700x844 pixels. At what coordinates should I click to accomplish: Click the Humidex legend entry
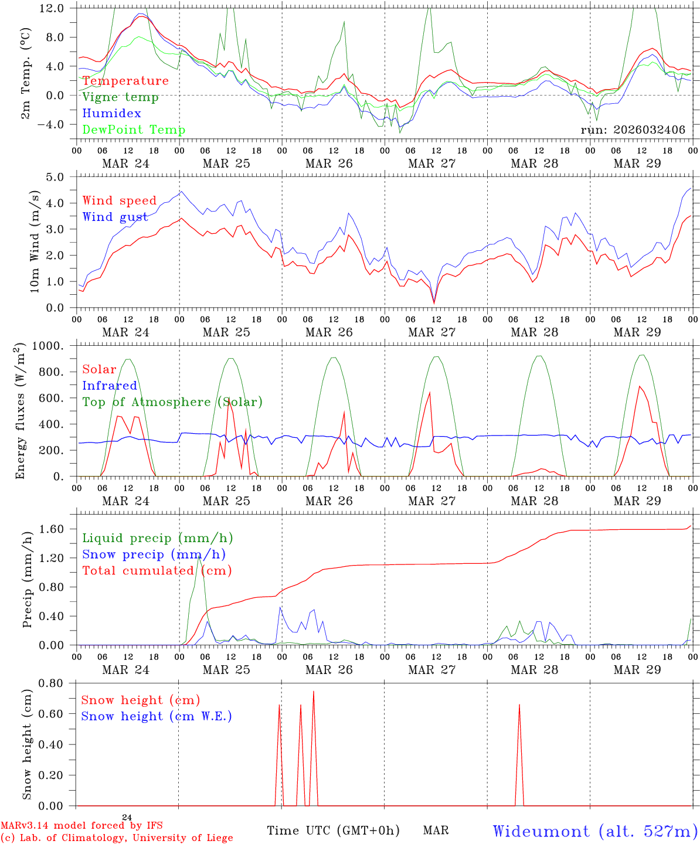(x=111, y=114)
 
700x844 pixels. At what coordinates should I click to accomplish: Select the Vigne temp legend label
(x=120, y=97)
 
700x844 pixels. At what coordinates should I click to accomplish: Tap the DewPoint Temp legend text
(x=134, y=130)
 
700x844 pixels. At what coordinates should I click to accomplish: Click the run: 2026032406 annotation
(x=633, y=130)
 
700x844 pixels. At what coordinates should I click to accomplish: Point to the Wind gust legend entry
(x=115, y=217)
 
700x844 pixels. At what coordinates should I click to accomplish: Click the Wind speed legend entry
(x=120, y=201)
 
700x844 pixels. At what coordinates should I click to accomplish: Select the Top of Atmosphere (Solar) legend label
(x=172, y=402)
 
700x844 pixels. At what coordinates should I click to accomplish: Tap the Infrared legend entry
(x=110, y=386)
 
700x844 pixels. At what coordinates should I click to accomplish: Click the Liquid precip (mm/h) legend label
(x=157, y=538)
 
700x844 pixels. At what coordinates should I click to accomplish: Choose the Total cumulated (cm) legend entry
(x=157, y=571)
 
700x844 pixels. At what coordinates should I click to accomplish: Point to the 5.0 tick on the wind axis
(x=55, y=177)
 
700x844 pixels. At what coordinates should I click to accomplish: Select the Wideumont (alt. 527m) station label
(x=595, y=831)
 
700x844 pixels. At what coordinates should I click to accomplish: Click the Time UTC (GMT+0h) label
(x=333, y=831)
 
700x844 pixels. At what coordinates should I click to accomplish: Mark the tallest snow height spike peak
(x=314, y=692)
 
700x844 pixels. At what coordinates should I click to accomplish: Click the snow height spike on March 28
(x=519, y=705)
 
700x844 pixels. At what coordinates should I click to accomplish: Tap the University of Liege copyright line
(x=117, y=838)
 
